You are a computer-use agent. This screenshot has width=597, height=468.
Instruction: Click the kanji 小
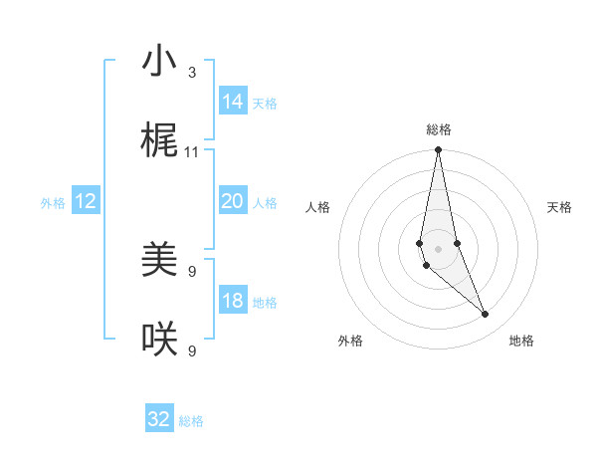point(159,62)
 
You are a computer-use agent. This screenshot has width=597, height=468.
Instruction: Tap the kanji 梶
point(159,141)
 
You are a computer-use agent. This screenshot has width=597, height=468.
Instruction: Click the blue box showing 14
point(233,102)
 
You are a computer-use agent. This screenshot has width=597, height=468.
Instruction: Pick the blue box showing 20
point(233,201)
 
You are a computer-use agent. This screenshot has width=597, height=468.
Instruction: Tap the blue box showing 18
point(233,301)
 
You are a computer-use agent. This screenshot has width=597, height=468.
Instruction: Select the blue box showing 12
point(86,201)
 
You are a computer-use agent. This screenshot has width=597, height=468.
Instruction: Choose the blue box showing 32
point(159,419)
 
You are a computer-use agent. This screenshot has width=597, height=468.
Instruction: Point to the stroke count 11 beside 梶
point(192,152)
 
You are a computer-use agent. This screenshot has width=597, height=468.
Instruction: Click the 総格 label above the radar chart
point(439,129)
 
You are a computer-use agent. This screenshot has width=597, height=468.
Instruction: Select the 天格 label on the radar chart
point(559,207)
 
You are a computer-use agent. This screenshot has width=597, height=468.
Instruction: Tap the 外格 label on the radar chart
point(350,341)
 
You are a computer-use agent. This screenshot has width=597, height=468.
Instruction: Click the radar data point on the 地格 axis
point(486,315)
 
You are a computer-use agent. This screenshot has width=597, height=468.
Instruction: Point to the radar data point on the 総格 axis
point(438,150)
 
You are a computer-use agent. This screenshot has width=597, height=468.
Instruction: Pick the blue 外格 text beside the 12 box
point(53,203)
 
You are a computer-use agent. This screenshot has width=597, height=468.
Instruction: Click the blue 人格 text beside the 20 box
point(265,203)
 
